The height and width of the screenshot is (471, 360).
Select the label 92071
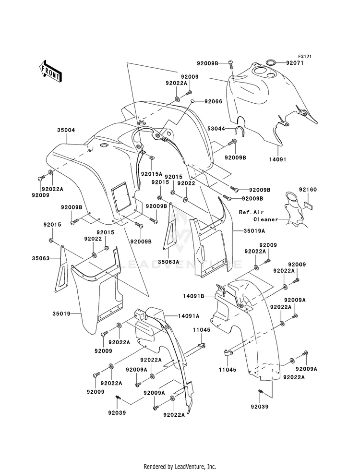[x=295, y=63]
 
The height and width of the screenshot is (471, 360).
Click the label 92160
[x=308, y=190]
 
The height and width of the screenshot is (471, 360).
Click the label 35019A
[x=254, y=231]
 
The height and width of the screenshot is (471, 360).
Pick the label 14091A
[x=189, y=316]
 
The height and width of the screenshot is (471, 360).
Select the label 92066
[x=213, y=101]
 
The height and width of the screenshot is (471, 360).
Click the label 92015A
[x=152, y=173]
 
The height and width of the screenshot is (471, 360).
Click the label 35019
[x=61, y=314]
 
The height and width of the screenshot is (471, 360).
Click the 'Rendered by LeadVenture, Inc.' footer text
[x=180, y=467]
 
